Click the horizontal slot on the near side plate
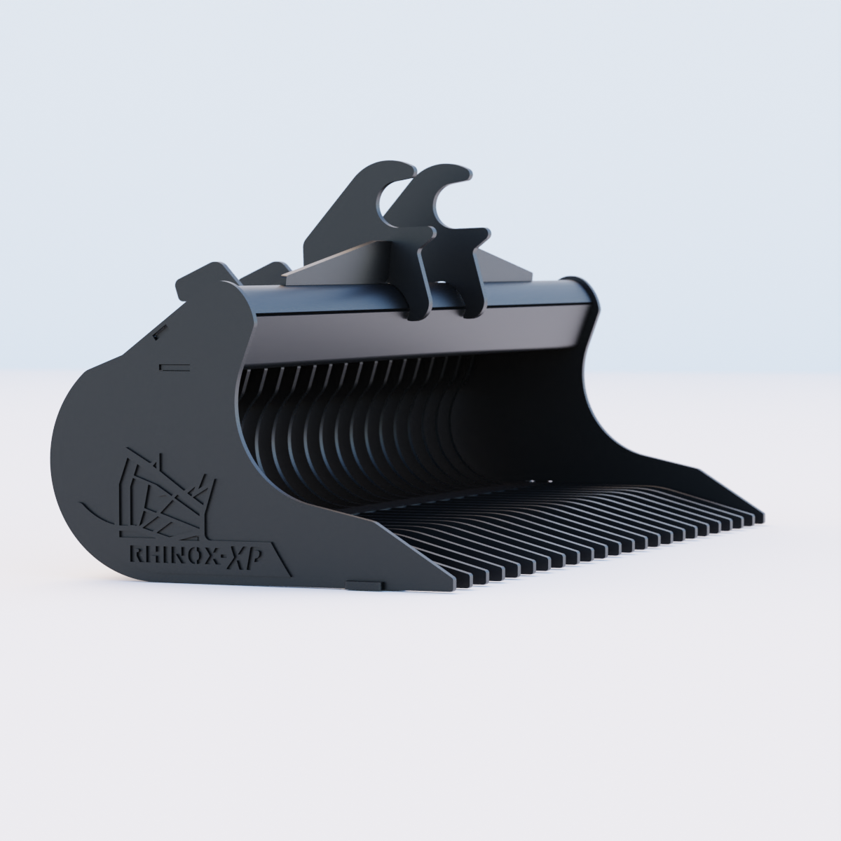(170, 366)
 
